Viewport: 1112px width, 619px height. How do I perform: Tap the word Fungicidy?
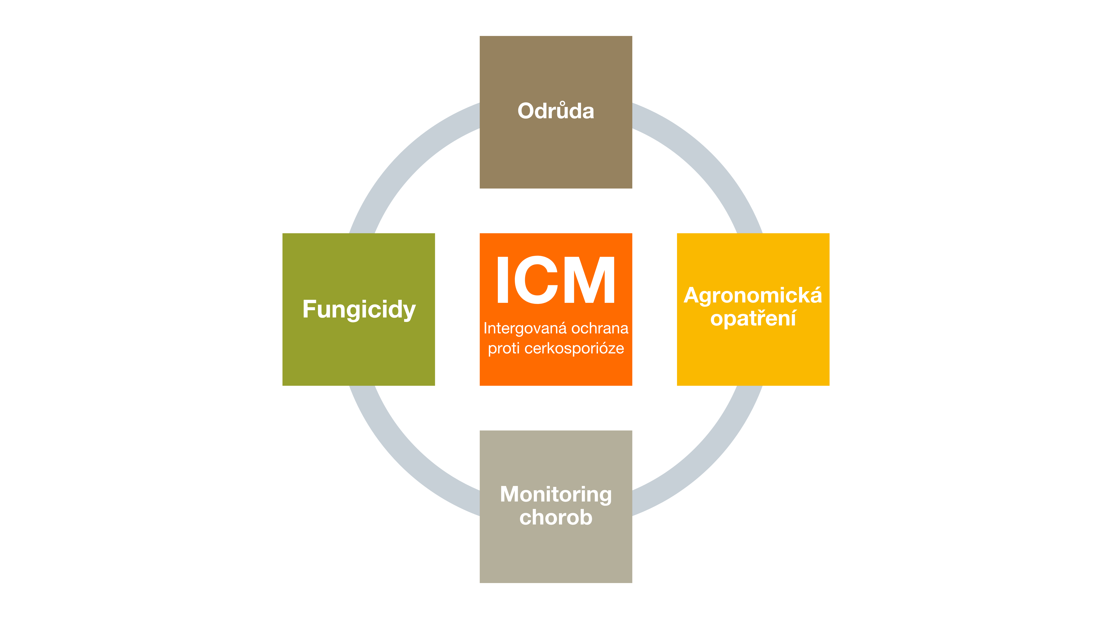point(359,309)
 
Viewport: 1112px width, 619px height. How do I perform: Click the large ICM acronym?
point(556,280)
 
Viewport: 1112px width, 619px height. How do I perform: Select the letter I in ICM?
point(502,280)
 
